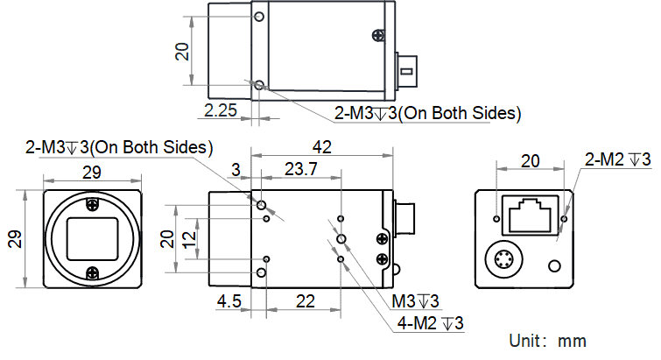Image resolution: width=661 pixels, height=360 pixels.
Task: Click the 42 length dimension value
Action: coord(322,147)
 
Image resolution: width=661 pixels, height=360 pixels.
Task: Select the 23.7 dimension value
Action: coord(300,169)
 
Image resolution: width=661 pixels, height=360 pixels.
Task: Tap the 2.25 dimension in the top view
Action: coord(221,110)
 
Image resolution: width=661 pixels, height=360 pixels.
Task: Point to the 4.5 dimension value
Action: coord(229,301)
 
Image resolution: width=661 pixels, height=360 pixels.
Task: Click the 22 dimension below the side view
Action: coord(306,301)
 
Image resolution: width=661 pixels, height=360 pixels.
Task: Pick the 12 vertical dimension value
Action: coord(189,238)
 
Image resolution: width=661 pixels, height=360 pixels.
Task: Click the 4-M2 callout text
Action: coord(430,323)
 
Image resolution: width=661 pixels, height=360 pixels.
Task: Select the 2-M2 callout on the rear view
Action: coord(617,159)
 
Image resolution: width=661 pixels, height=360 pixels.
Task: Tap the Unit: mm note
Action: coord(547,341)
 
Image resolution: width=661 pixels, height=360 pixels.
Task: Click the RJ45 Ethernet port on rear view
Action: coord(530,215)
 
